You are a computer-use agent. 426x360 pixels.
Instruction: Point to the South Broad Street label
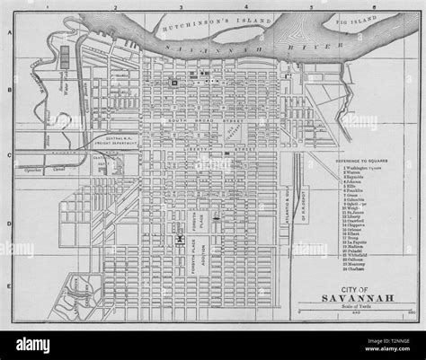tap(199, 121)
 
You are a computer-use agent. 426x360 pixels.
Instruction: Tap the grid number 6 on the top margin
tap(374, 7)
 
